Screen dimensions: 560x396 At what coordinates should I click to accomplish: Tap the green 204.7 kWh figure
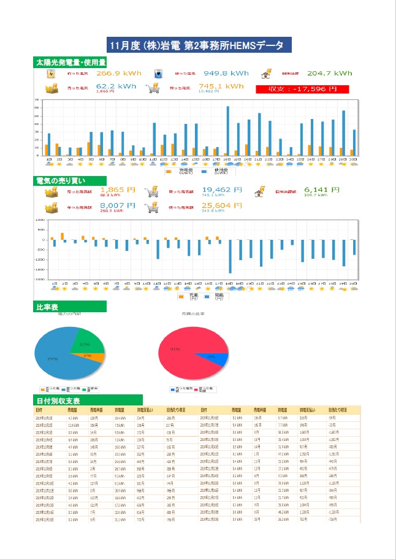click(330, 74)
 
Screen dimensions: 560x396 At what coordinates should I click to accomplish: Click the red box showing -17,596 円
click(303, 89)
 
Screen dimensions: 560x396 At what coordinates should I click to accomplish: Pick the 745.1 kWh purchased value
click(221, 86)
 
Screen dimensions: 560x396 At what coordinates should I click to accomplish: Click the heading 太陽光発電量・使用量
click(70, 63)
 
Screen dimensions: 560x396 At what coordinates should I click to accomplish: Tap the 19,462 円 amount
click(221, 190)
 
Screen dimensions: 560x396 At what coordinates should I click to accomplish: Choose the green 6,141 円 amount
click(321, 190)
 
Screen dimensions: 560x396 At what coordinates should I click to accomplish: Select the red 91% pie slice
click(184, 351)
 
